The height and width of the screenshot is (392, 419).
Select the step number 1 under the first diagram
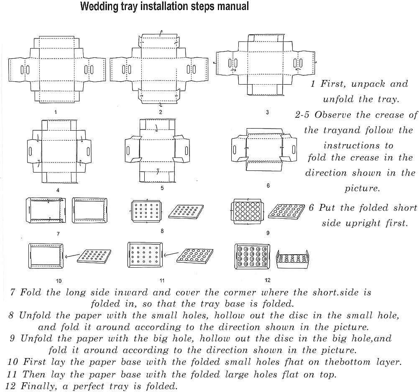56,112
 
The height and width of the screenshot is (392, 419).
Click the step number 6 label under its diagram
268,186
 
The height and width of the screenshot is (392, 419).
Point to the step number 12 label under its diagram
268,280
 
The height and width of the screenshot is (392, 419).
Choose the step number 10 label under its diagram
59,281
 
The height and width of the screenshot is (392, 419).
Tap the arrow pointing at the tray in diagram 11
169,254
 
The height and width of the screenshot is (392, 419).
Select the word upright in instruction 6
363,223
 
